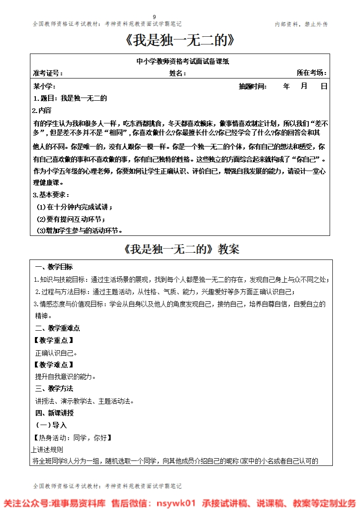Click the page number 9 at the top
180,17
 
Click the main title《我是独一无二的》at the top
180,41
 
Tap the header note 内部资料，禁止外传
301,24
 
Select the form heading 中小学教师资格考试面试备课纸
180,61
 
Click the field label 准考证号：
48,73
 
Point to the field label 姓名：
178,73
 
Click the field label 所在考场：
311,73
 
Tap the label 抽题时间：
253,86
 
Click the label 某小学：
44,86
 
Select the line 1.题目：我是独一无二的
70,98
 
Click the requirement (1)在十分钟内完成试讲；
74,207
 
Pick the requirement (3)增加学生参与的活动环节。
79,230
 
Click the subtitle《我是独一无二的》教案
181,249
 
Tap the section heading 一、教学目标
54,267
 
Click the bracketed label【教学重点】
53,340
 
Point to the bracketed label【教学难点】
53,364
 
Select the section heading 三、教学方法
54,389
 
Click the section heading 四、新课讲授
54,413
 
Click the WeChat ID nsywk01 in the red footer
175,503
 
